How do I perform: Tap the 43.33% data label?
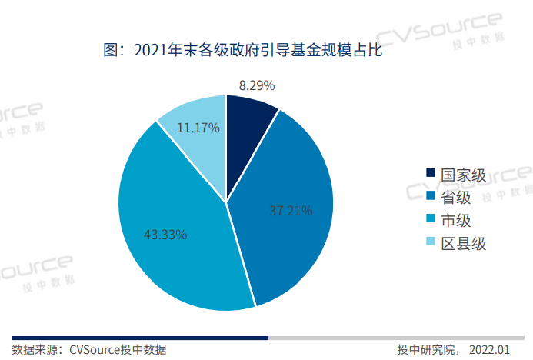click(165, 235)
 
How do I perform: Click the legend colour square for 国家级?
click(431, 175)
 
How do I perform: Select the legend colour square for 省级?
click(431, 198)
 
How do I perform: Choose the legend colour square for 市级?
click(431, 221)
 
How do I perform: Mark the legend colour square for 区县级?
click(431, 244)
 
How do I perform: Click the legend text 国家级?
click(463, 175)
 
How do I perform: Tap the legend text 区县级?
click(463, 244)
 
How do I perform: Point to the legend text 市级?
click(456, 221)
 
